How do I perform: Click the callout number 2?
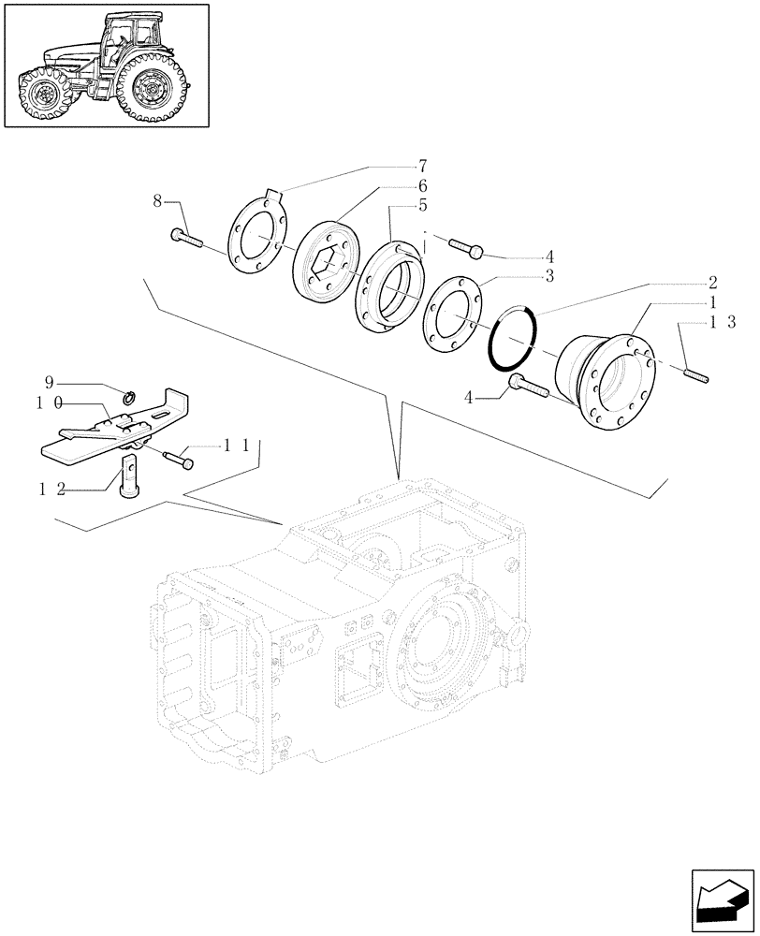click(x=712, y=282)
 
